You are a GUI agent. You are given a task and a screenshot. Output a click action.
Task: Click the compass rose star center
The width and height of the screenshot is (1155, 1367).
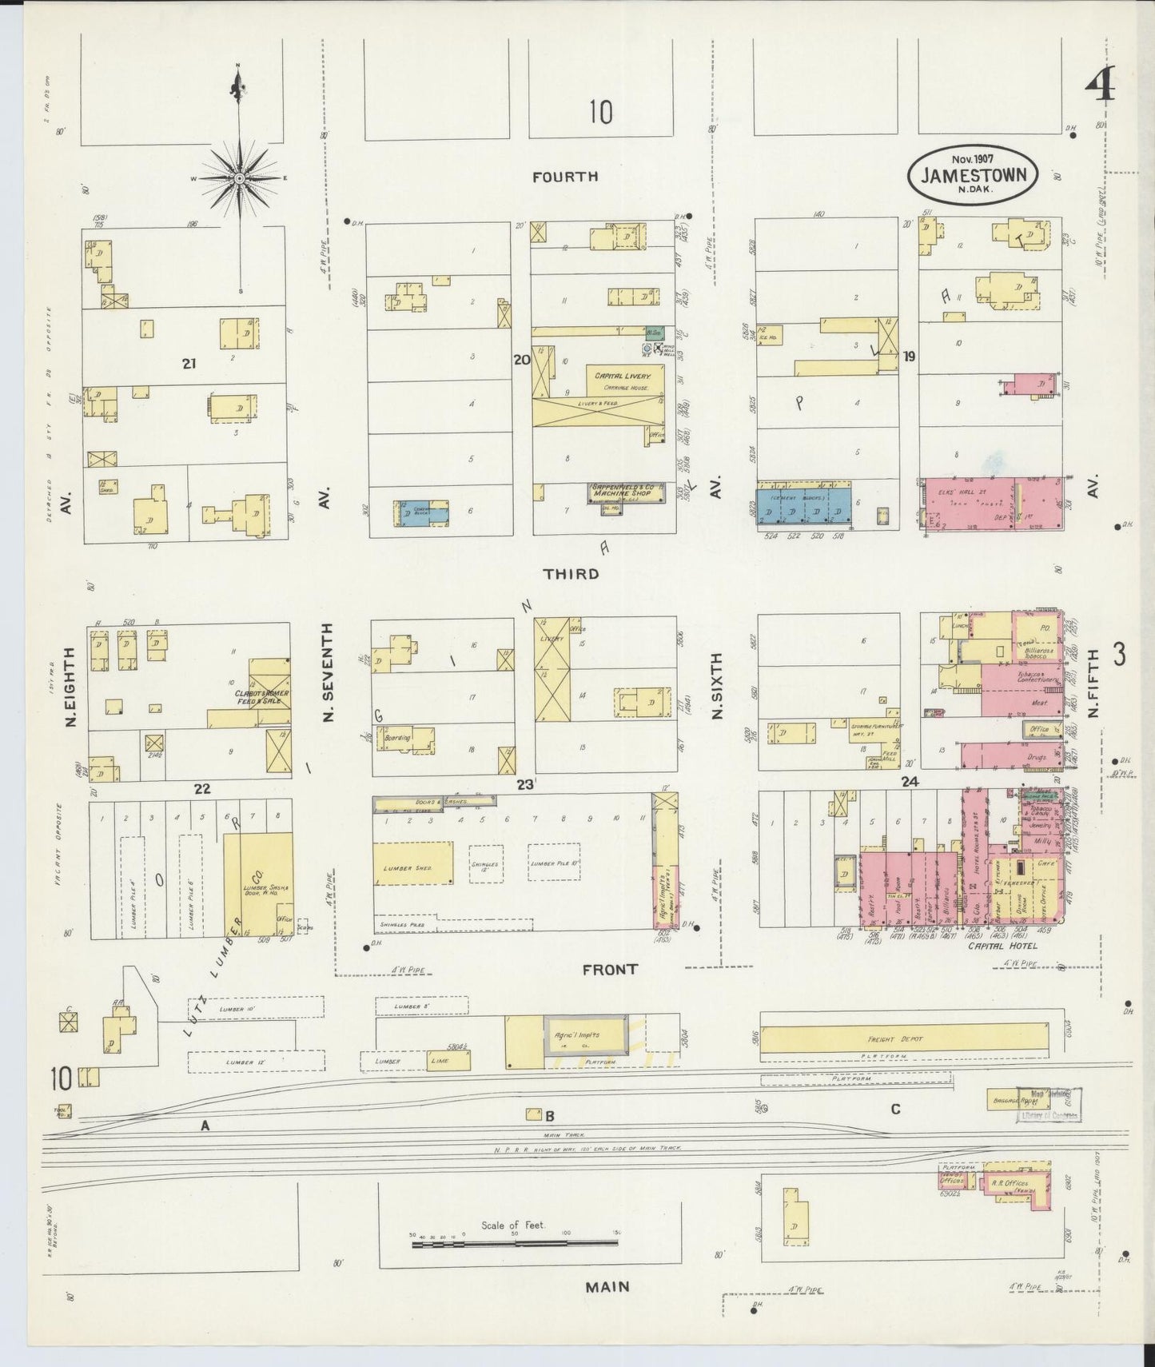(239, 177)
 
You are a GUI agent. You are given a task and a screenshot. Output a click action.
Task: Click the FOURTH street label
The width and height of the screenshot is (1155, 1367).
(566, 177)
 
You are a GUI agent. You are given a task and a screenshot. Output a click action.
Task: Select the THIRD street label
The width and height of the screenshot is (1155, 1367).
(571, 574)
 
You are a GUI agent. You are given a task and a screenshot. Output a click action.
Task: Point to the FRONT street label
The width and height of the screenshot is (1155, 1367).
(610, 969)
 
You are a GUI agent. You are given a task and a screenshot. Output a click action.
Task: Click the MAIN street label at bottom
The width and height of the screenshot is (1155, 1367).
(607, 1286)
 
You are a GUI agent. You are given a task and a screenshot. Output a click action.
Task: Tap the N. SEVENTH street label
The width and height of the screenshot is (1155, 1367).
(328, 674)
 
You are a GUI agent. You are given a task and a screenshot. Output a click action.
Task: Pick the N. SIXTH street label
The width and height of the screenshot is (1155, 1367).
(716, 685)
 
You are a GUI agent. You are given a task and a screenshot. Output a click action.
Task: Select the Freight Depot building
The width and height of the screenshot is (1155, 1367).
(903, 1039)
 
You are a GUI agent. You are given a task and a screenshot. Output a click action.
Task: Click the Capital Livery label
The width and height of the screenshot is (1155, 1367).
(622, 375)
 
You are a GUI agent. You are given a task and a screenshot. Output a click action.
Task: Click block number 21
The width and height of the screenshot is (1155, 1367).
(189, 364)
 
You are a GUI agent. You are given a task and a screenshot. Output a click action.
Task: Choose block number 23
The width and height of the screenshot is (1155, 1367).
(524, 784)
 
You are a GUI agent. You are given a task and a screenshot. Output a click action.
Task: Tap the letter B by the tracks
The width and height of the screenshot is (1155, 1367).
(550, 1116)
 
